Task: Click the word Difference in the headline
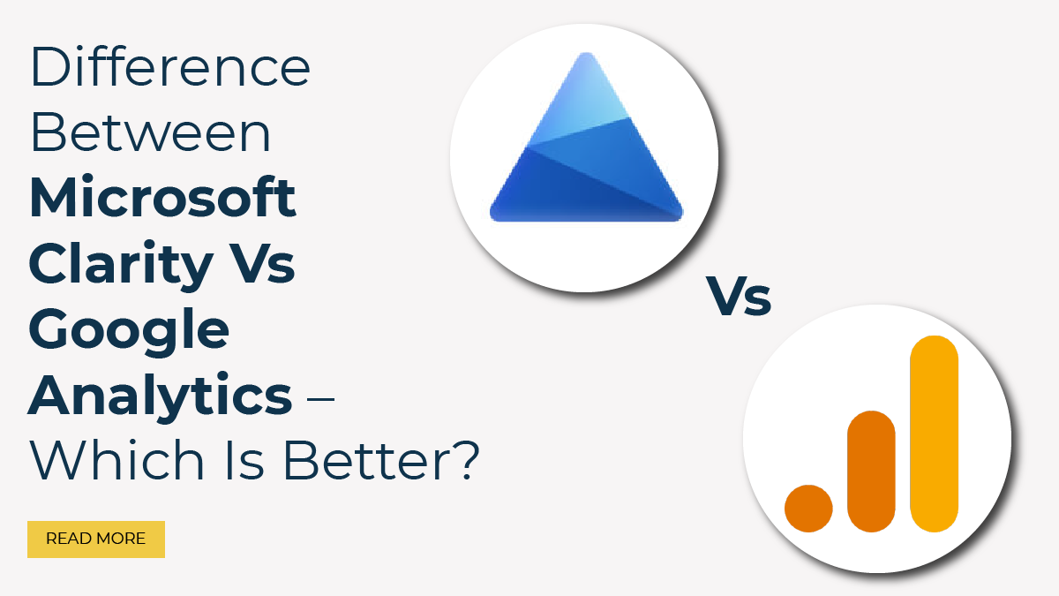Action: coord(169,68)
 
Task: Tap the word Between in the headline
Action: coord(150,133)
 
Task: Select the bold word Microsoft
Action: coord(162,199)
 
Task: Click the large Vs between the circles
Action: coord(739,297)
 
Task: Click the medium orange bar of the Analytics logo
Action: coord(871,472)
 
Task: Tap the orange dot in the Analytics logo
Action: coord(808,508)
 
